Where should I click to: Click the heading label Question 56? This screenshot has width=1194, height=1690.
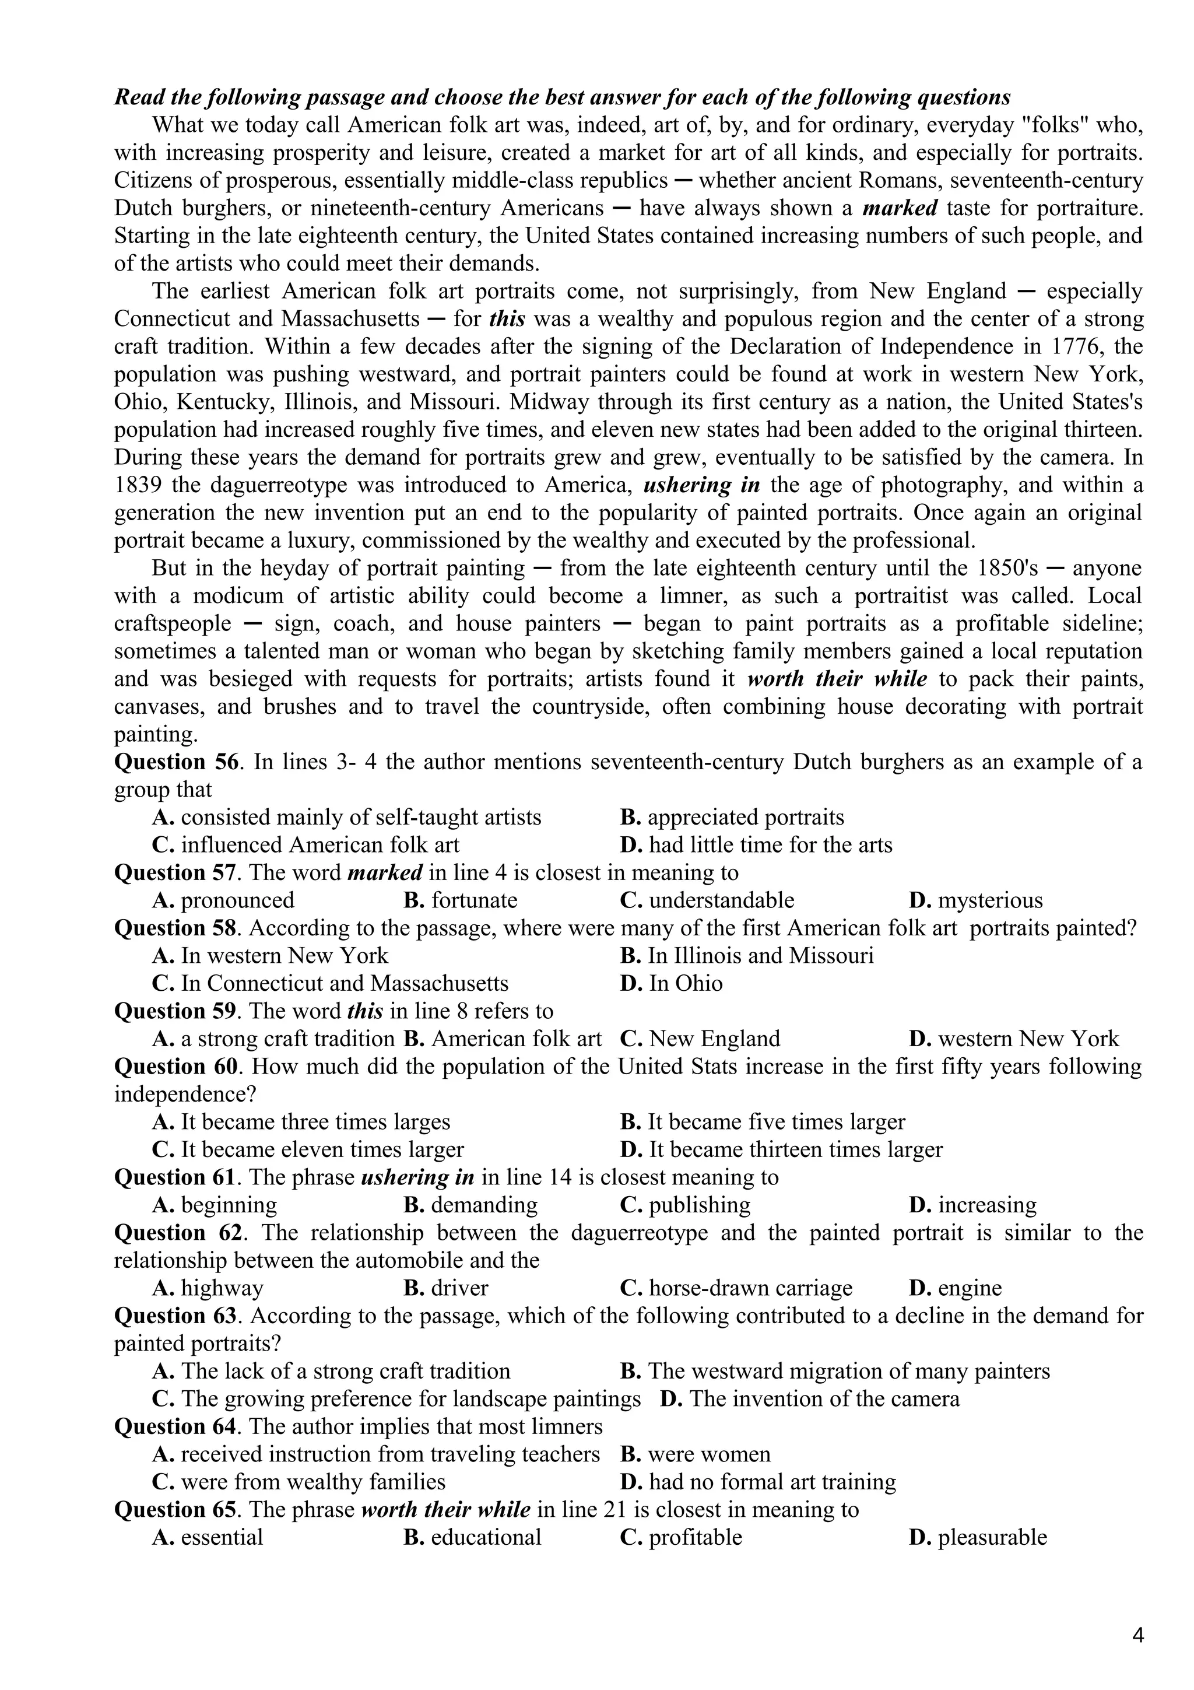[177, 762]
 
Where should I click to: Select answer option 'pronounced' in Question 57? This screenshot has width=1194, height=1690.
[237, 900]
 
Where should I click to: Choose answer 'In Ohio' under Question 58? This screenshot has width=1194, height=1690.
[685, 983]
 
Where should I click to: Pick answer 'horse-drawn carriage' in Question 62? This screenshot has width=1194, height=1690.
[750, 1288]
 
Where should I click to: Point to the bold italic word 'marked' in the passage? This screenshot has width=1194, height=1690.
[900, 208]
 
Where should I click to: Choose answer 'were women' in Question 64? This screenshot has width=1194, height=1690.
[708, 1454]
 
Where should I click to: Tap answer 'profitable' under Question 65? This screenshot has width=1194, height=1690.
[695, 1538]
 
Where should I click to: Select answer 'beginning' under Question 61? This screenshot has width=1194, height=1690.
[228, 1205]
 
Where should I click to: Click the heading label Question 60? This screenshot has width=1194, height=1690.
[177, 1067]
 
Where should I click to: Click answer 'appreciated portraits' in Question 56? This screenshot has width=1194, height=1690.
[745, 817]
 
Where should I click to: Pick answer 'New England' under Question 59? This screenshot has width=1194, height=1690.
[714, 1039]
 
